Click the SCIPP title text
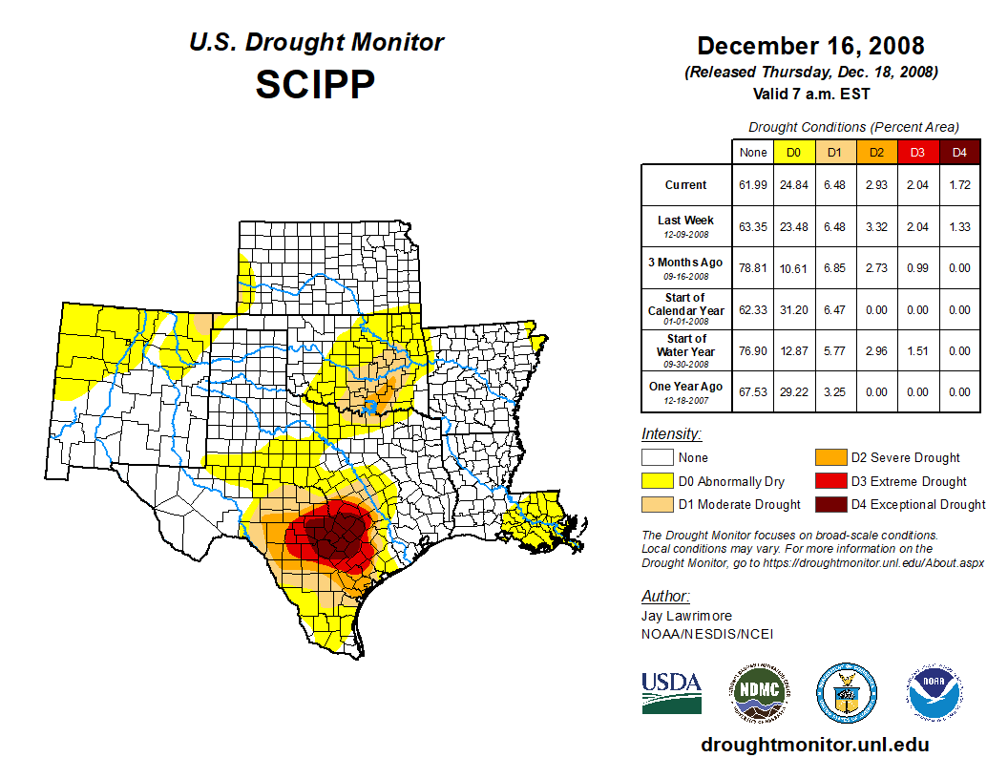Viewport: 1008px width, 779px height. coord(316,85)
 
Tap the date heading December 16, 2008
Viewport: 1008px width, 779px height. coord(810,46)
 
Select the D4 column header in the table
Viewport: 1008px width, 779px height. coord(960,153)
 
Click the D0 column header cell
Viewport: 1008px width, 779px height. coord(793,153)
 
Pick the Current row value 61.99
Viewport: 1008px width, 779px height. coord(753,185)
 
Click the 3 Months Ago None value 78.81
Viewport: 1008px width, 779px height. coord(753,268)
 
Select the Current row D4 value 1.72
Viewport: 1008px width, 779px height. coord(960,185)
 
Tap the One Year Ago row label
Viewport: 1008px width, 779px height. coord(685,387)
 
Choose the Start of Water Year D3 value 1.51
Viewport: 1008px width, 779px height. coord(918,350)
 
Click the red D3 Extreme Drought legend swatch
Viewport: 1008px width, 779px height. coord(829,481)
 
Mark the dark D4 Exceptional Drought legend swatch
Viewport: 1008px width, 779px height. coord(829,504)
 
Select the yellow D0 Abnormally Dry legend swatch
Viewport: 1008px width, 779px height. coord(658,481)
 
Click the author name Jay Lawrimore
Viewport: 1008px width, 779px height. coord(686,616)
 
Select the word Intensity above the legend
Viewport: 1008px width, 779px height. coord(671,433)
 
